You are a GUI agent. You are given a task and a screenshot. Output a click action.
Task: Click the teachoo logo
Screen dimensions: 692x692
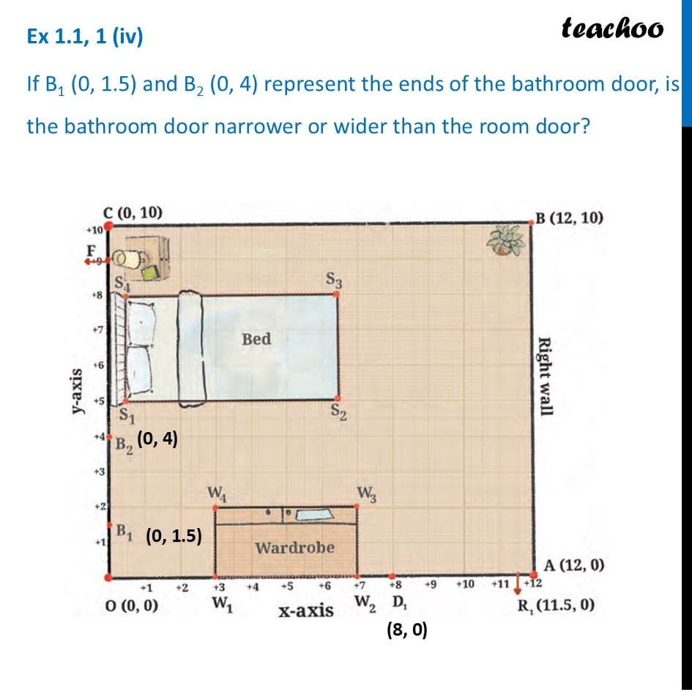(612, 28)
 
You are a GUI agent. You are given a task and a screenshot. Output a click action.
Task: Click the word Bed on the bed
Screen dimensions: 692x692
(256, 339)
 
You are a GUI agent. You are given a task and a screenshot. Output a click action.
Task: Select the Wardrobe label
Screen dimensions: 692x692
(294, 547)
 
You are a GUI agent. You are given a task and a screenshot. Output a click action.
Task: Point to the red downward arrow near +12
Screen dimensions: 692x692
(519, 583)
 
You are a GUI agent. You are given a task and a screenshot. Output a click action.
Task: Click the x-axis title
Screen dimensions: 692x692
(306, 609)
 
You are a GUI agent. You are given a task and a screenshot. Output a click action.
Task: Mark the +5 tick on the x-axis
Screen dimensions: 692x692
(288, 586)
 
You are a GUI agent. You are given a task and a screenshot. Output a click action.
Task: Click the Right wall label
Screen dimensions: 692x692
(545, 375)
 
